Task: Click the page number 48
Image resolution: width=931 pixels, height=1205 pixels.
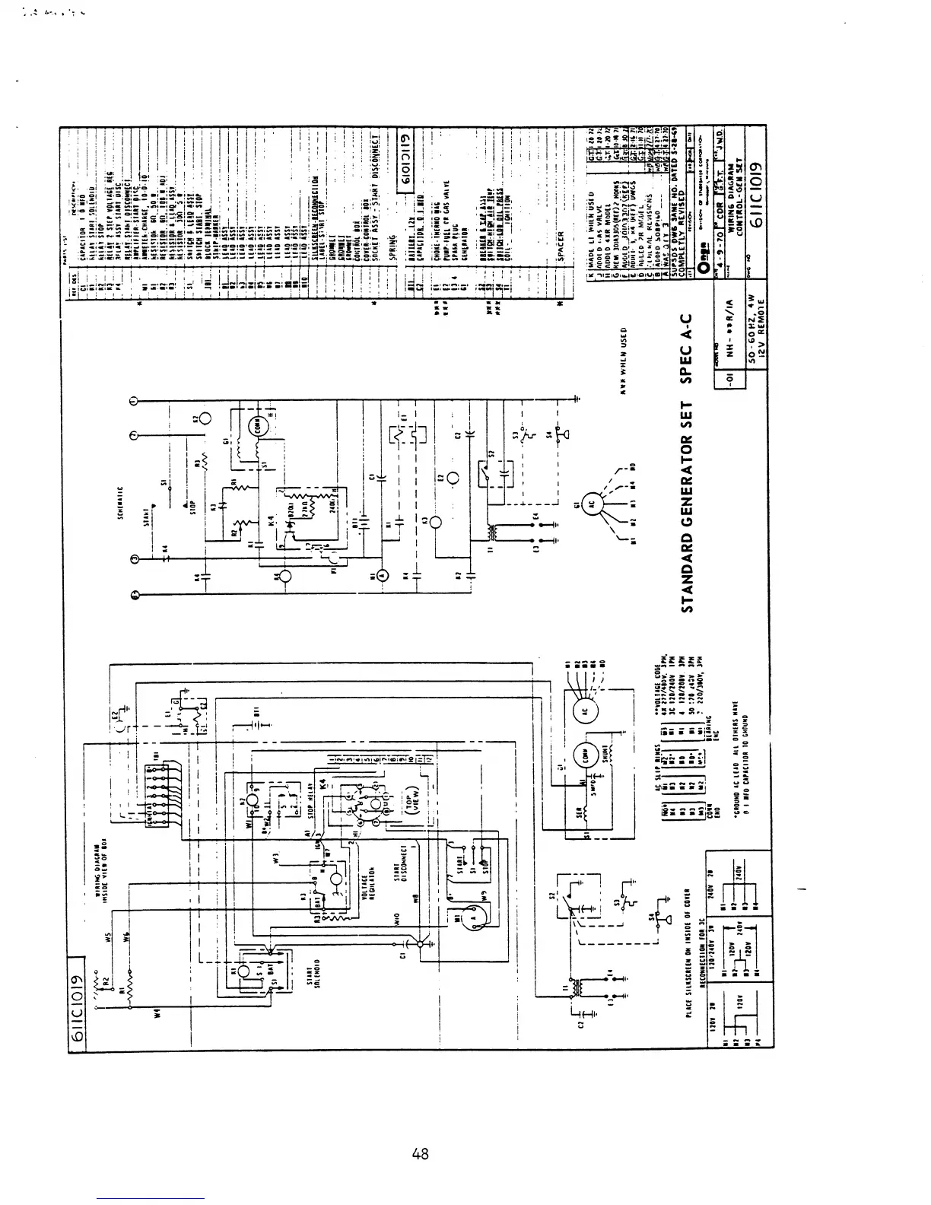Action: point(419,1154)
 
